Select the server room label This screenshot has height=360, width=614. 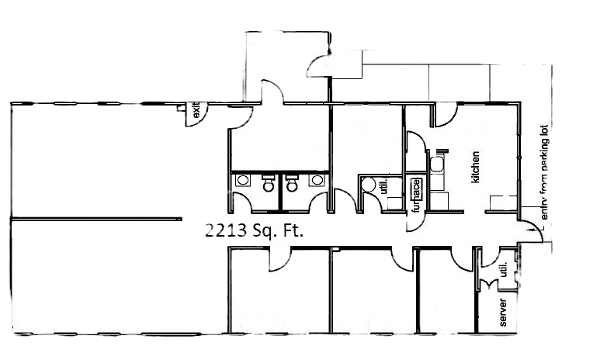[x=503, y=309]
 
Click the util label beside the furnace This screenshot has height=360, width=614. [x=383, y=188]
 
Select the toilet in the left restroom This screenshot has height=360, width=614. [x=269, y=185]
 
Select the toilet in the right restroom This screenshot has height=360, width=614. [x=292, y=185]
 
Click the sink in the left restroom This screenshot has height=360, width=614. [x=242, y=180]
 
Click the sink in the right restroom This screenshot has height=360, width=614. [x=316, y=181]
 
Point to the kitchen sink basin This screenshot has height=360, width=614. [x=437, y=164]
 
